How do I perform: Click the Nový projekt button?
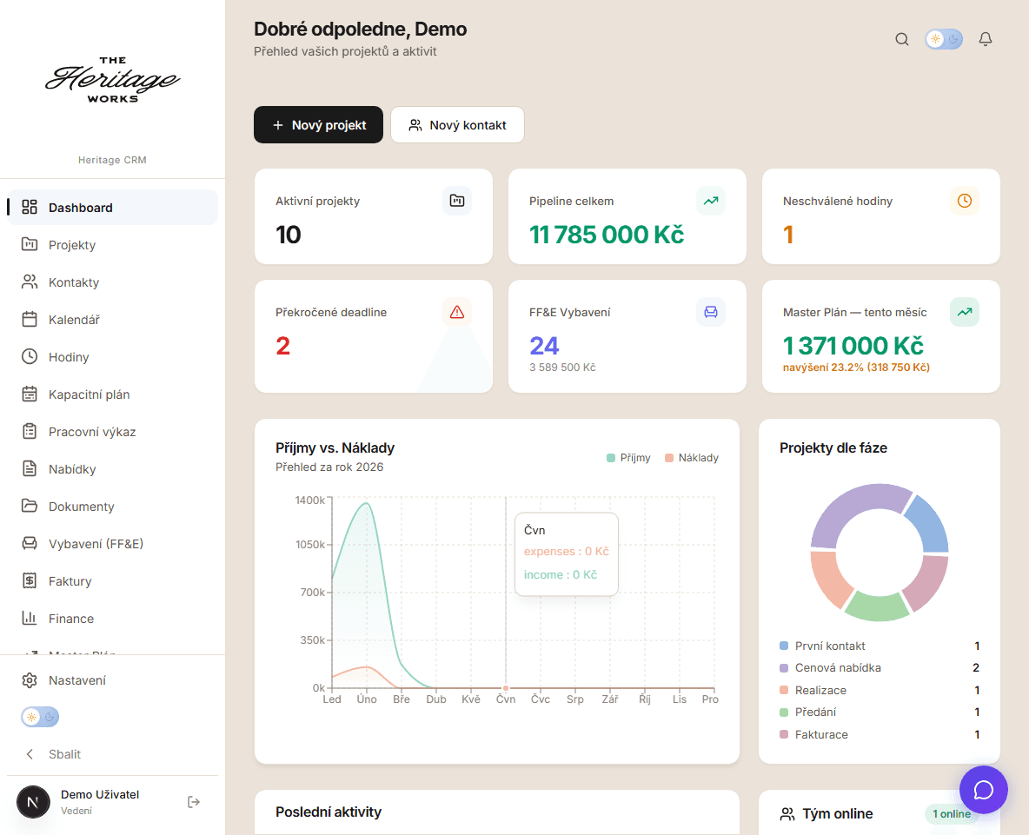[x=318, y=125]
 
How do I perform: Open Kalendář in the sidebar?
[x=74, y=320]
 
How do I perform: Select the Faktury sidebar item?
[x=70, y=581]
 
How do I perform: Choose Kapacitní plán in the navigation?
[x=89, y=394]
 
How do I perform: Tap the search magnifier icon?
[x=902, y=39]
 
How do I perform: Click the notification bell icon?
[x=986, y=39]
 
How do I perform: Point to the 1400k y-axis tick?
[x=309, y=500]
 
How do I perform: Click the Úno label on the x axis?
[x=367, y=699]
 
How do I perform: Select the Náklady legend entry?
[x=692, y=458]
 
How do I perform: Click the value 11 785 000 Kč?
[x=607, y=235]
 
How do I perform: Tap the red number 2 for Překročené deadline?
[x=282, y=347]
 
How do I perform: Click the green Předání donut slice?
[x=876, y=606]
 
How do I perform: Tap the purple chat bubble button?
[x=983, y=790]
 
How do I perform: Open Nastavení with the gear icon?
[x=30, y=680]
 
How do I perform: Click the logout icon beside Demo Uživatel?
[x=194, y=802]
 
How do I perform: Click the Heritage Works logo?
[x=112, y=80]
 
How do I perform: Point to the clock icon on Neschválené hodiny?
[x=965, y=201]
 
